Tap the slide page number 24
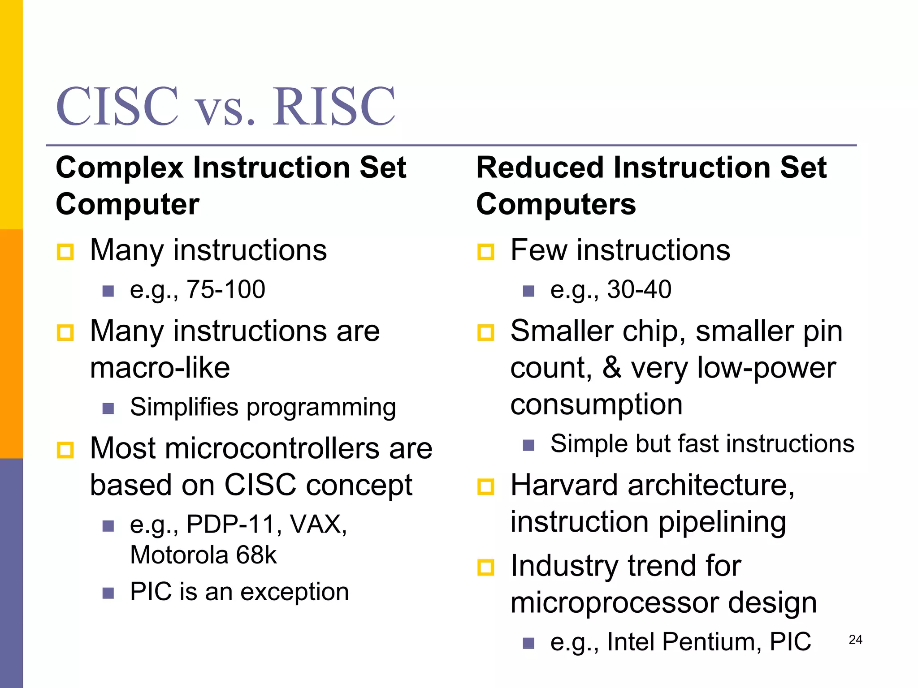[x=855, y=640]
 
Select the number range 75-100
[x=226, y=289]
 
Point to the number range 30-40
[x=639, y=289]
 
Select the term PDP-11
[x=231, y=524]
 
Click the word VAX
[x=318, y=524]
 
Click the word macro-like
[x=160, y=368]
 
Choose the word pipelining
[x=722, y=523]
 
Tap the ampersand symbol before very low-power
[x=612, y=368]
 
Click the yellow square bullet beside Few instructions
[x=485, y=252]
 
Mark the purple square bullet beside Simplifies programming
[x=108, y=408]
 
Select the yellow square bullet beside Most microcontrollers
[x=65, y=450]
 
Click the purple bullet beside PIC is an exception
[x=108, y=593]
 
